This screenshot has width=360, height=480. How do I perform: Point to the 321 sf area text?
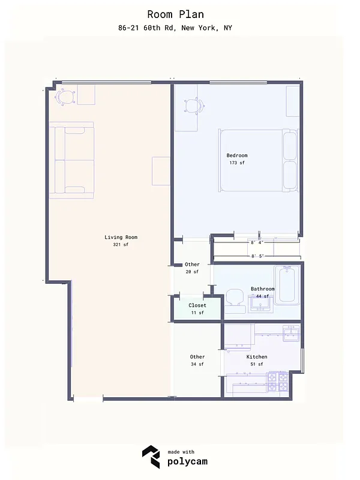[x=121, y=245]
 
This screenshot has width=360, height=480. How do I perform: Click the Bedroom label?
[x=237, y=155]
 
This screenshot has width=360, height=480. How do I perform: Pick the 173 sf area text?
[x=237, y=163]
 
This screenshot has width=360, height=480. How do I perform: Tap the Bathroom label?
[x=263, y=289]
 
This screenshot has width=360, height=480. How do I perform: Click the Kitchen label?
[x=257, y=357]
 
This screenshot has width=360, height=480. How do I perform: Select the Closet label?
[x=197, y=305]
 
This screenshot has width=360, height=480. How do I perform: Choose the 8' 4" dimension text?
[x=257, y=243]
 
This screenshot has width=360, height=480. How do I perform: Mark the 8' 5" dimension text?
[x=257, y=256]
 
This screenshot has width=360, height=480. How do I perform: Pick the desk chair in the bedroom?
[x=192, y=106]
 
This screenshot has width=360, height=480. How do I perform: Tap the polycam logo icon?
[x=151, y=457]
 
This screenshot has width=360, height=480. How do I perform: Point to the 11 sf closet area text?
[x=197, y=313]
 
